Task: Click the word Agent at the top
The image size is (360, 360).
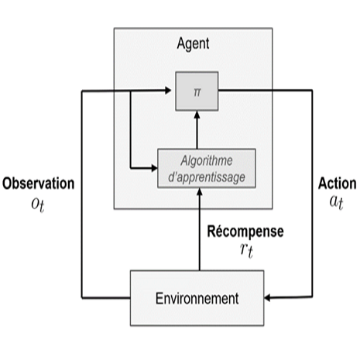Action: (x=193, y=43)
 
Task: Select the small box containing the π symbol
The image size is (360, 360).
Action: (x=197, y=91)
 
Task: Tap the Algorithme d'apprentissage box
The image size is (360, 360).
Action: (x=207, y=168)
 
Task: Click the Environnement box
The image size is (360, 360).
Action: (x=197, y=298)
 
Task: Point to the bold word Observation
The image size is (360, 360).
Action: (x=39, y=183)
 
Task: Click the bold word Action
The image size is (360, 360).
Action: (x=338, y=183)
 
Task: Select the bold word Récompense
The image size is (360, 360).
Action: (x=245, y=231)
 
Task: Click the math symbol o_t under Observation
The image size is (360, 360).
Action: (x=38, y=205)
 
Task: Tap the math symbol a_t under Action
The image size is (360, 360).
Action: (x=337, y=202)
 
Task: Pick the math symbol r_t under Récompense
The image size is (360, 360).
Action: (x=246, y=250)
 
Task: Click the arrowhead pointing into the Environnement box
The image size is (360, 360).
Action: (x=267, y=298)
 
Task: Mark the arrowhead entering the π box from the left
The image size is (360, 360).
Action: (x=168, y=91)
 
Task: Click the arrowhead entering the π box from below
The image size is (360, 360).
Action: (x=197, y=115)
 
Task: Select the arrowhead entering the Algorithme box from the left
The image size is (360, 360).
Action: (x=154, y=168)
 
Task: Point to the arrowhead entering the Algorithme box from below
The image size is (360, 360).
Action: (x=199, y=191)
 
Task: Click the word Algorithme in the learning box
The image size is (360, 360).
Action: (x=207, y=160)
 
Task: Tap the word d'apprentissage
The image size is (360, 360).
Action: (x=207, y=177)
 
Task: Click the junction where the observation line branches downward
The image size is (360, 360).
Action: (x=130, y=91)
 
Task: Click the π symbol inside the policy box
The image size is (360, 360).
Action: (x=197, y=92)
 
